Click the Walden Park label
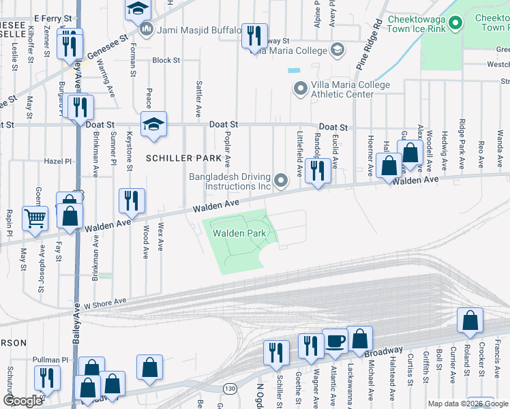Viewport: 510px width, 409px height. coord(239,233)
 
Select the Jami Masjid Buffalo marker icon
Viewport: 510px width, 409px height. coord(147,30)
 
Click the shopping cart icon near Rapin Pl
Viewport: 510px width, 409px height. coord(35,219)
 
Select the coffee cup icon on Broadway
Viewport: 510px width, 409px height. coord(335,342)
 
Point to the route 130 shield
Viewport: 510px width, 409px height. coord(230,389)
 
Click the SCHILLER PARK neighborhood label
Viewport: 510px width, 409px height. coord(183,158)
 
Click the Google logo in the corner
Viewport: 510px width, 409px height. coord(22,401)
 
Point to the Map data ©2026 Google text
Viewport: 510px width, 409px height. coord(467,404)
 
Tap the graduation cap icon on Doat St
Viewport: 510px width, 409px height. coord(154,124)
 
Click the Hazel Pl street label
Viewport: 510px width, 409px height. coord(57,162)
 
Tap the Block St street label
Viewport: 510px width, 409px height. coord(166,60)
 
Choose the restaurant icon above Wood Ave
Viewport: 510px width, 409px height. coord(132,200)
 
